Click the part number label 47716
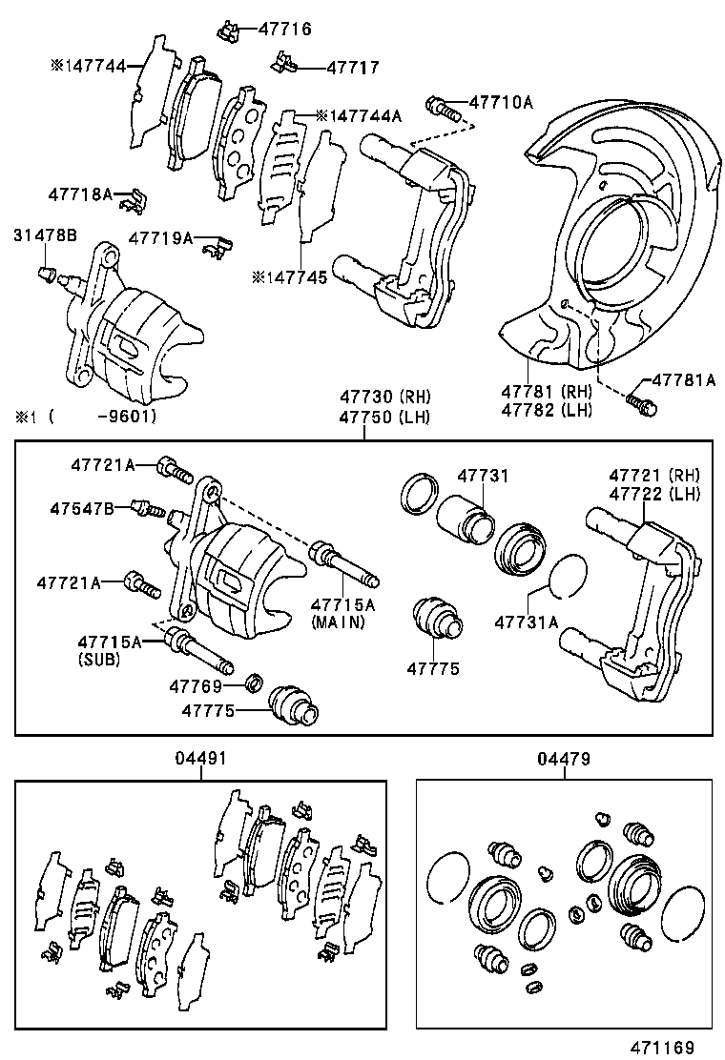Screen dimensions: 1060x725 pos(284,30)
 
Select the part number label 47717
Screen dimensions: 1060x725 pos(352,68)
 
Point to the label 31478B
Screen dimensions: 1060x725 pos(46,234)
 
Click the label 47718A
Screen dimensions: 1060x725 pos(80,194)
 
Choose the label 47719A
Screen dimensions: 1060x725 pos(160,237)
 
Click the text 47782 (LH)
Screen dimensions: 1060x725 pos(549,410)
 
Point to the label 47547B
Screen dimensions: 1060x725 pos(82,509)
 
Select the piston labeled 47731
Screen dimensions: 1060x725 pos(466,518)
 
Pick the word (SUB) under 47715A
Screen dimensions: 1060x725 pos(99,659)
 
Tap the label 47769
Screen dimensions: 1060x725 pos(196,685)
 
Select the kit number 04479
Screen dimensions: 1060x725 pos(563,760)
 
